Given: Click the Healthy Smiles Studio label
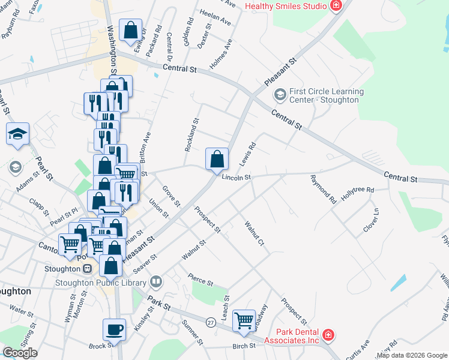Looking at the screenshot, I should [286, 5].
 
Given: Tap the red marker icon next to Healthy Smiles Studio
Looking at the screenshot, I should [336, 6].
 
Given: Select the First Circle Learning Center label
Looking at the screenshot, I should [327, 95].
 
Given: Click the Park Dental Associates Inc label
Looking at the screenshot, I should [297, 336].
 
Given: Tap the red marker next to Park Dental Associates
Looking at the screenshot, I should [328, 335].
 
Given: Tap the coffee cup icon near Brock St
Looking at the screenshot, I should [114, 329].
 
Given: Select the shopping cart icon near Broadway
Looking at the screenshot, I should [244, 320].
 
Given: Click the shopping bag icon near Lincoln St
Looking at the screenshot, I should [217, 159].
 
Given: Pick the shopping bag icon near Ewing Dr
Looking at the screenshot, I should [130, 30].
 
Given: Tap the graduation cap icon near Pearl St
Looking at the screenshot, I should [18, 134].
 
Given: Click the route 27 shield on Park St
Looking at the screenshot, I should [211, 322].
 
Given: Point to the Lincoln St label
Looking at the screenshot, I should [236, 178].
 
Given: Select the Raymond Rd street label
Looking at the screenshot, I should [323, 188].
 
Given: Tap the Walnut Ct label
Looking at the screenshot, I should [255, 233].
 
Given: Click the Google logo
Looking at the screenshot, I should [20, 353].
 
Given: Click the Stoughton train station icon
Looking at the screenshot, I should [87, 269].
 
